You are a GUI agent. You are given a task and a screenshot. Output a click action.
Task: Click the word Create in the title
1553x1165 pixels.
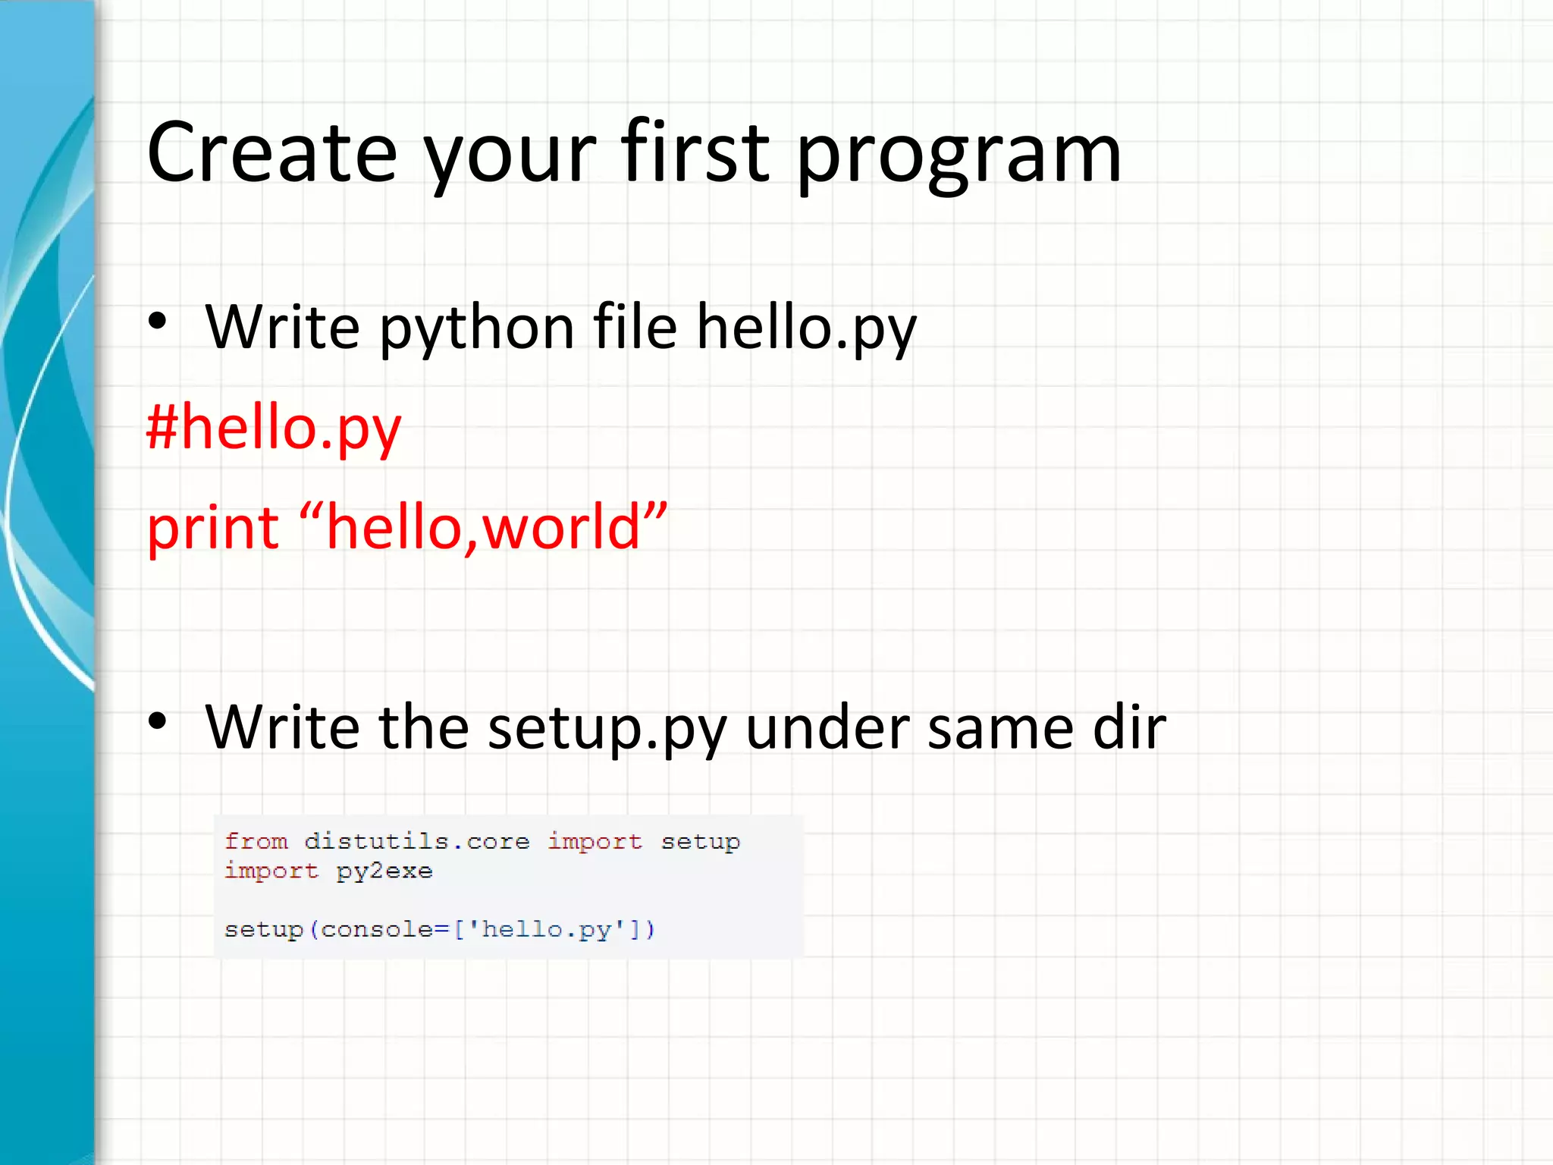(x=271, y=153)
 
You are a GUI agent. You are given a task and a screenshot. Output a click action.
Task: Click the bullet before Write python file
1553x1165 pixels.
(x=157, y=322)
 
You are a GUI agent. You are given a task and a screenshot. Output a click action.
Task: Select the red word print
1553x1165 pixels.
(x=212, y=528)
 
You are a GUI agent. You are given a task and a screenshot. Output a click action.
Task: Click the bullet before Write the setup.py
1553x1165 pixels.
(x=157, y=721)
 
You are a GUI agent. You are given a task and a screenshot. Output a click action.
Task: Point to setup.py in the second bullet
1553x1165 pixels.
(x=607, y=730)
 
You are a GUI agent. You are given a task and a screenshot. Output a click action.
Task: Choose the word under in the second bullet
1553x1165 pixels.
(x=827, y=728)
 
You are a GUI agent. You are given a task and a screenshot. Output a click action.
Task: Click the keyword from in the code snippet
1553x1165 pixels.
(x=256, y=841)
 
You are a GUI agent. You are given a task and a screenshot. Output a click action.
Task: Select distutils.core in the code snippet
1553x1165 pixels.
(x=416, y=841)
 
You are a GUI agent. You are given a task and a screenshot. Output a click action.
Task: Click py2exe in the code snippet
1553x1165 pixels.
(x=384, y=871)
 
